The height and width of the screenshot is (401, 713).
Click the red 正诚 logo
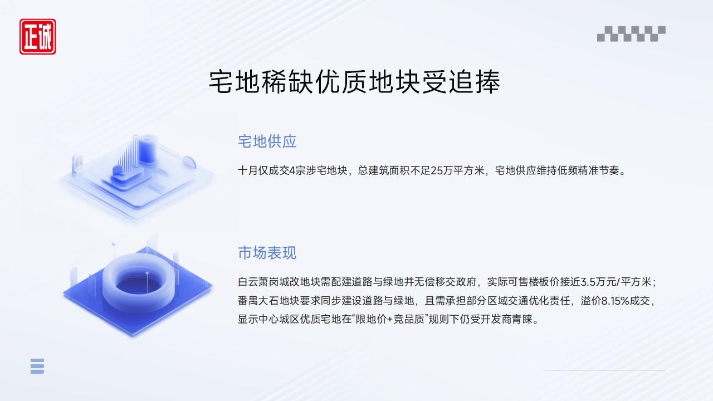38,37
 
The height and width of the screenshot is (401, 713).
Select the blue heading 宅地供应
267,141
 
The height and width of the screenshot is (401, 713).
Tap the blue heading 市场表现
267,253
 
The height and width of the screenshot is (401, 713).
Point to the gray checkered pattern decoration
631,33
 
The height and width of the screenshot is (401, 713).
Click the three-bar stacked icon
37,366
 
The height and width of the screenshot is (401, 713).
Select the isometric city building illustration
136,173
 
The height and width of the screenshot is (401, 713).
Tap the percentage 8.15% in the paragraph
620,301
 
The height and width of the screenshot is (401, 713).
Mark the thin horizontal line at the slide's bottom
605,370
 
